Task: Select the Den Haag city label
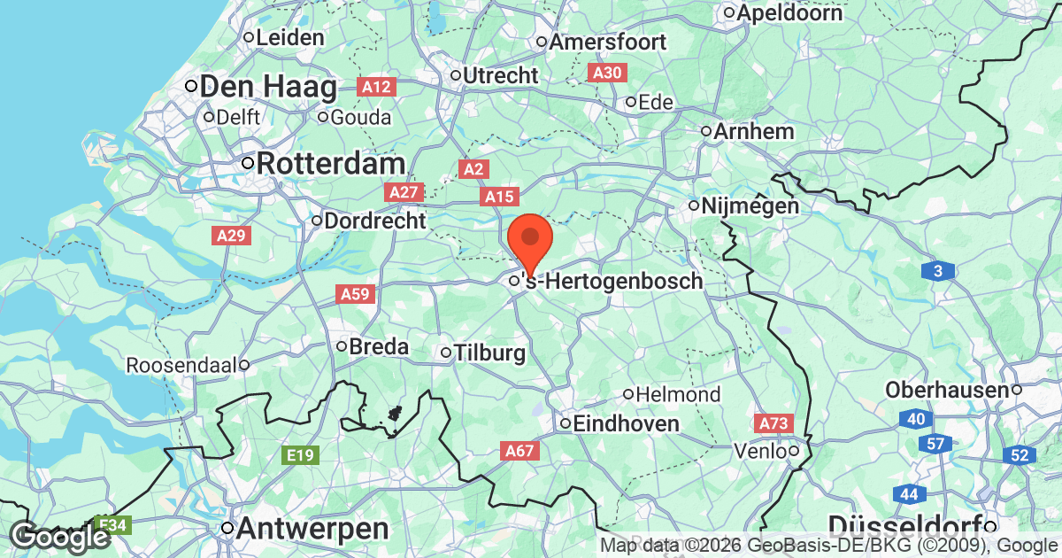[x=268, y=87]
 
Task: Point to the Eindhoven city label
[x=626, y=423]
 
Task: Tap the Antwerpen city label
[x=312, y=529]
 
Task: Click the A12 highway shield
[x=375, y=87]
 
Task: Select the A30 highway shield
[x=607, y=73]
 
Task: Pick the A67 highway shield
[x=519, y=452]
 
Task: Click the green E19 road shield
[x=300, y=455]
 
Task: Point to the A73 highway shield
[x=773, y=424]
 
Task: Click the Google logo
[x=60, y=537]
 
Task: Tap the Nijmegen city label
[x=750, y=206]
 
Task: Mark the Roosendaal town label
[x=182, y=365]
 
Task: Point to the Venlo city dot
[x=795, y=452]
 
